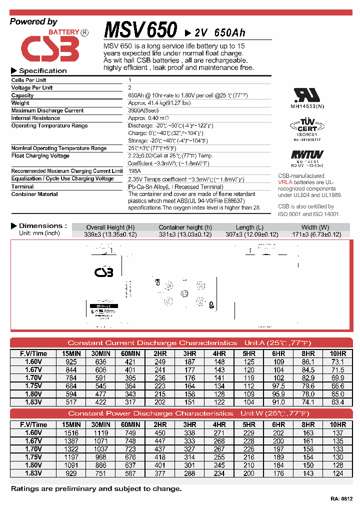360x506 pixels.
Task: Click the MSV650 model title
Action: pos(140,30)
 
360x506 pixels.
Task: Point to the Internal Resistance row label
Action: pos(35,118)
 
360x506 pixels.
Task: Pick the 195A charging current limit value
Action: pos(135,171)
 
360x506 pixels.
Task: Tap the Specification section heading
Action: pos(42,71)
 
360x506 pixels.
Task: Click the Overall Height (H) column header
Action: pos(110,227)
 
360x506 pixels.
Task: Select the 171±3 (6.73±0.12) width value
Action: pos(314,234)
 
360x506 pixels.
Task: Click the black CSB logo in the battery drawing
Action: pos(104,272)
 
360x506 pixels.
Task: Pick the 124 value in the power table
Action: pos(338,472)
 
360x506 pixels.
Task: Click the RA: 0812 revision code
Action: pos(341,499)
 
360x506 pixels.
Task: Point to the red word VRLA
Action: pos(285,182)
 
